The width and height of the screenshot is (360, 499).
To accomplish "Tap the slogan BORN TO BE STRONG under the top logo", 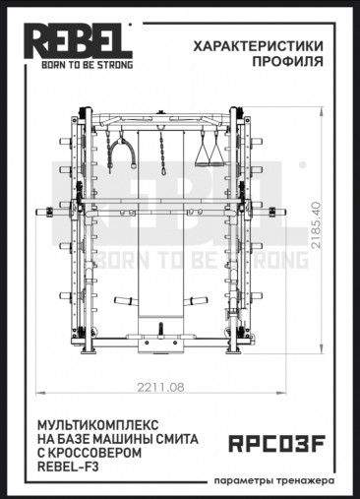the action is tap(88, 65).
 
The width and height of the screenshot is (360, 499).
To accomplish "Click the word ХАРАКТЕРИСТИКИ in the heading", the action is tap(258, 46).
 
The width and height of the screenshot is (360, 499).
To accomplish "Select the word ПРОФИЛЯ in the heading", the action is tap(287, 61).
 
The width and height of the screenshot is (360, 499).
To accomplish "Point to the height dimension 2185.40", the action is tap(316, 225).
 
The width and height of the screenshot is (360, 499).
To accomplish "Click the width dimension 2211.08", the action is tap(160, 388).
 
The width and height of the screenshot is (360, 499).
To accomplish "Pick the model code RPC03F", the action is tap(276, 444).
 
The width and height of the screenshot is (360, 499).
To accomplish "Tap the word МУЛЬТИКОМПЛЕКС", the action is tap(98, 425).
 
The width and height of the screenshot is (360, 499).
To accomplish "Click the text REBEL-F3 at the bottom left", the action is tap(68, 467).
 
